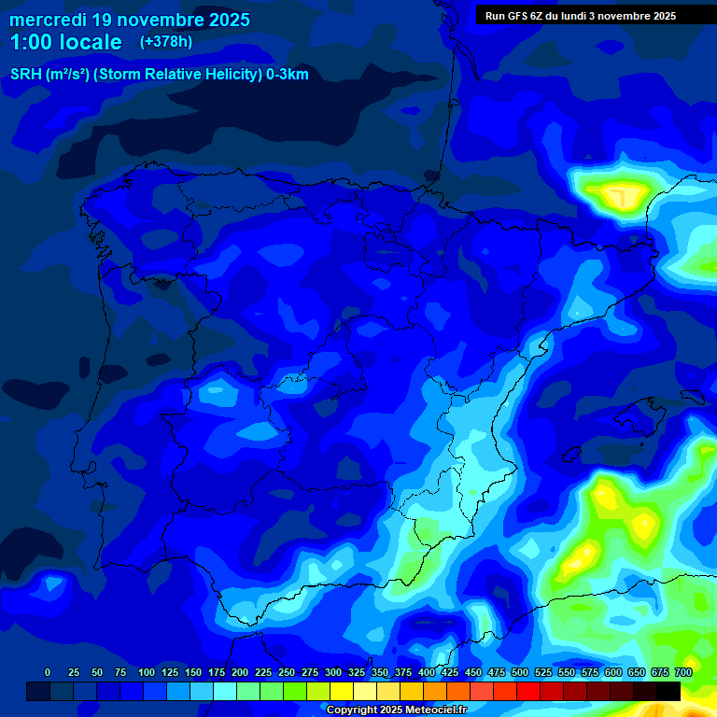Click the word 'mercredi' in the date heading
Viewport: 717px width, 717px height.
point(48,20)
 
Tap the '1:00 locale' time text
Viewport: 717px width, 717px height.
point(66,42)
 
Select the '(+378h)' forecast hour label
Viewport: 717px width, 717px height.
point(165,41)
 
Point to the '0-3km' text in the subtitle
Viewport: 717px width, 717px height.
point(288,75)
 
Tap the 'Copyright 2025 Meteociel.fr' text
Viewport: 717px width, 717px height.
point(396,710)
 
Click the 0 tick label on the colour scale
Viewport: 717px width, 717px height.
point(48,672)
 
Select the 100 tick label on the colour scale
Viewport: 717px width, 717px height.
point(147,672)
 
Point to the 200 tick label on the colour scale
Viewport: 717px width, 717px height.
point(240,672)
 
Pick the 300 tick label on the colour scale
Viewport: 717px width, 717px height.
point(333,672)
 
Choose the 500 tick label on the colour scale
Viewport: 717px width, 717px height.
point(520,672)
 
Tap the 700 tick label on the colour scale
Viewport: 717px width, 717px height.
point(683,672)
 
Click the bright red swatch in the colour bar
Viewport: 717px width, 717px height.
point(528,692)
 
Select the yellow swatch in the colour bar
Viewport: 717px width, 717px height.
point(342,692)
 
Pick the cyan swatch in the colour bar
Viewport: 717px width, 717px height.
point(225,692)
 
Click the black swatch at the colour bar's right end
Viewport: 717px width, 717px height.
point(668,692)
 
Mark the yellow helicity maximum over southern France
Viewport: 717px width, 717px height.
point(617,195)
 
